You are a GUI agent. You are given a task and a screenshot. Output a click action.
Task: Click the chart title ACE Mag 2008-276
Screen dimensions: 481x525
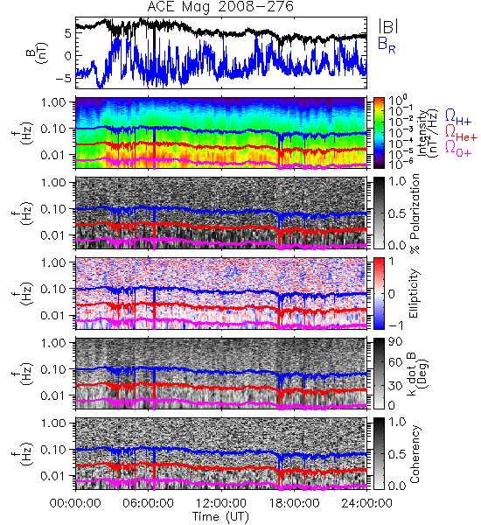[x=220, y=7]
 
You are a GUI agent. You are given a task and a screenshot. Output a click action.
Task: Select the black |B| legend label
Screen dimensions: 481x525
[x=388, y=26]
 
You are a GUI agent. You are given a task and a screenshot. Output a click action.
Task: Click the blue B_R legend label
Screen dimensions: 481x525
[x=387, y=45]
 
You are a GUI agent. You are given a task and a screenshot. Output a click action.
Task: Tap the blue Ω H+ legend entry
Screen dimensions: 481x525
[x=458, y=117]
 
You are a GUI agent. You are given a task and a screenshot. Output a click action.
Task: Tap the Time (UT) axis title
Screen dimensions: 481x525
[x=221, y=516]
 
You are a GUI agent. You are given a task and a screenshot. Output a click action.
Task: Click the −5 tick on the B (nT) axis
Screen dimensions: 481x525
[x=64, y=79]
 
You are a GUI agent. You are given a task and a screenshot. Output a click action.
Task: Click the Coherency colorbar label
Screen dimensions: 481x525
[x=415, y=454]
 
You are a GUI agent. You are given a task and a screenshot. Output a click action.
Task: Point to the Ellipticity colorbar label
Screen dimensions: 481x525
[x=414, y=294]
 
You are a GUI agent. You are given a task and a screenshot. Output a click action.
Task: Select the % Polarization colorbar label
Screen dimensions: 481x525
[x=415, y=213]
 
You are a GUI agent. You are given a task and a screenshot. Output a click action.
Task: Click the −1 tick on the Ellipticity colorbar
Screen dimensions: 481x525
[x=395, y=325]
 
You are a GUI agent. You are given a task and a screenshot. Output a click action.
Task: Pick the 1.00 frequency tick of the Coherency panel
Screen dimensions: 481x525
[x=53, y=423]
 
